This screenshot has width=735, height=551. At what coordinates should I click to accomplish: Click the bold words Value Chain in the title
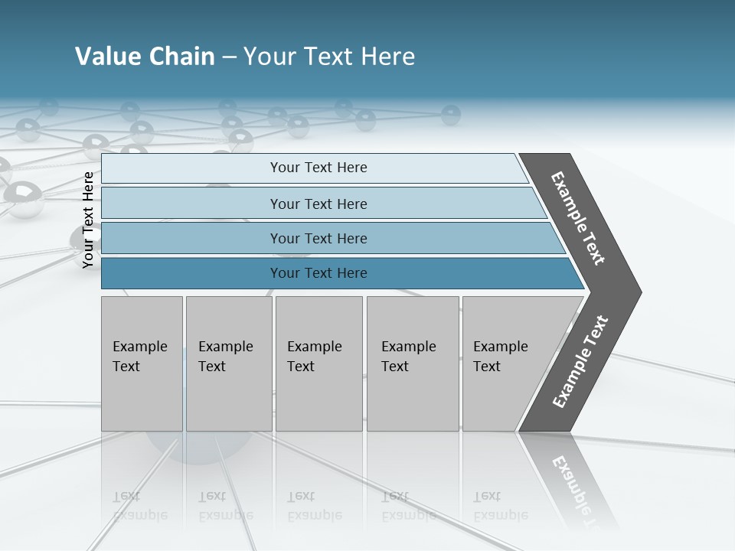[145, 57]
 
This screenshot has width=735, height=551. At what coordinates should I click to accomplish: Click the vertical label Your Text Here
[88, 220]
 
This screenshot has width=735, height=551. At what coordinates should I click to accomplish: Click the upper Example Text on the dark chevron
[578, 218]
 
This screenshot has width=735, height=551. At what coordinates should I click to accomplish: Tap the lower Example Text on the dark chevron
[580, 362]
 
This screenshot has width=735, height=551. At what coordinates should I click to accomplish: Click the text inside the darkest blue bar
[318, 273]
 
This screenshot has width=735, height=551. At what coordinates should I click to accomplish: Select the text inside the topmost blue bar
[318, 168]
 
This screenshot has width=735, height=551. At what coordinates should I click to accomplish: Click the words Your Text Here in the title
[328, 57]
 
